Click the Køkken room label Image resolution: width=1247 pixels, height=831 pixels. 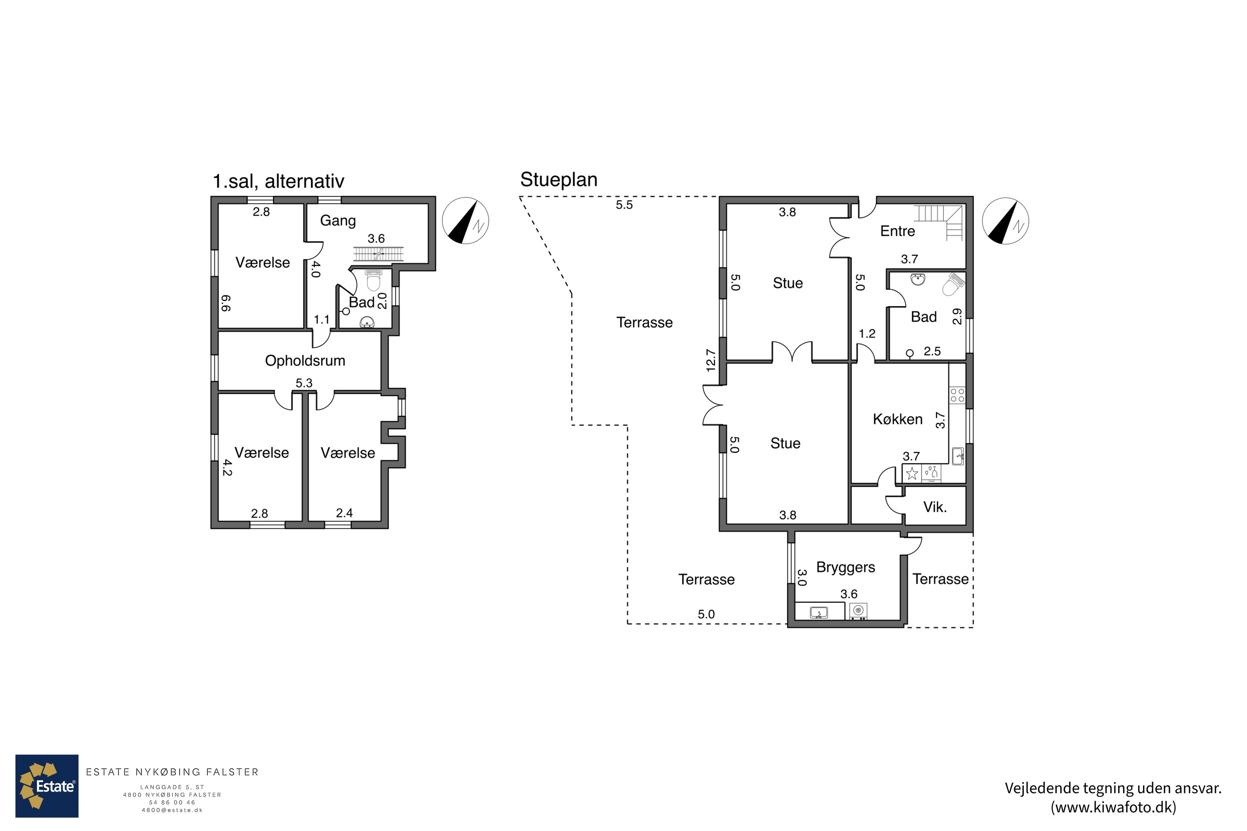[x=897, y=419]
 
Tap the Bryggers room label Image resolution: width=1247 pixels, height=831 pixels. [x=845, y=568]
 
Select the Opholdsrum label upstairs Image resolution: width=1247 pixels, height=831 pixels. [x=305, y=361]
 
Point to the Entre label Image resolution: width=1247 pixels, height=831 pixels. [x=897, y=231]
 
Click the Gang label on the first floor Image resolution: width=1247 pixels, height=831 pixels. [x=338, y=221]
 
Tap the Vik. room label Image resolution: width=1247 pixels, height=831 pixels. [x=935, y=507]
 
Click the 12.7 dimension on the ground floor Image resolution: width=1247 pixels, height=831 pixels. [x=711, y=360]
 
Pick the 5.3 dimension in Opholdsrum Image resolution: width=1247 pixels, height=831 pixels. [x=304, y=383]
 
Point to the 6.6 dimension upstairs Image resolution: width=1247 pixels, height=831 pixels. [x=225, y=303]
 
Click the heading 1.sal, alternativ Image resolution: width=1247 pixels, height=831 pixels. [x=278, y=181]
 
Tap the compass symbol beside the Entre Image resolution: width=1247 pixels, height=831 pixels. [x=1005, y=221]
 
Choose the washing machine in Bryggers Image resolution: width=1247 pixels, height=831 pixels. [x=858, y=611]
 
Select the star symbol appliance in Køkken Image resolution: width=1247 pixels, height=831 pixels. [x=912, y=473]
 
